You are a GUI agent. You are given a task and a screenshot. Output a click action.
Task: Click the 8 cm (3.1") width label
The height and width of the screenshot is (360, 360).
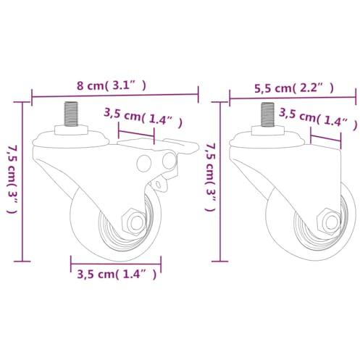112,85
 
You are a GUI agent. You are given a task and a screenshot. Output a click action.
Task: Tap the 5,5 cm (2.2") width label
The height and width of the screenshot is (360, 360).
294,88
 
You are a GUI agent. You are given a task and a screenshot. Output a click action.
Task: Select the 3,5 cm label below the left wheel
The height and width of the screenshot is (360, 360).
117,275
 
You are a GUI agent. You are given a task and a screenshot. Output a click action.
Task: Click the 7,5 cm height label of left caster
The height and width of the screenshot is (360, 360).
12,179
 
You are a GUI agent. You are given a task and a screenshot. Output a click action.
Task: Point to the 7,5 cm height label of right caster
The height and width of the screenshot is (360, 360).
210,177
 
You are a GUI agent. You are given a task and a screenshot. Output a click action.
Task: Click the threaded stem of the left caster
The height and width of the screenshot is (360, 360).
71,114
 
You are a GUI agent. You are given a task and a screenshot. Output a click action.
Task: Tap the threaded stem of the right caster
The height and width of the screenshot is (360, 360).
267,114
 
